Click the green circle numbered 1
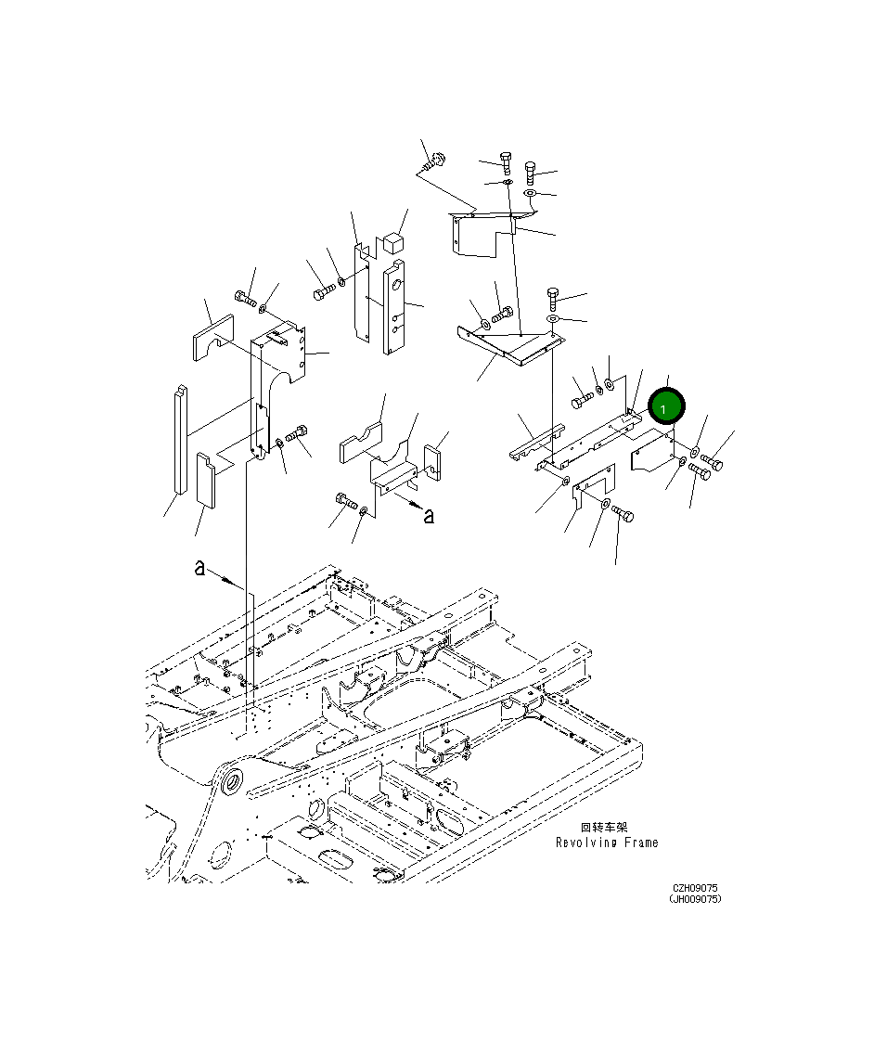[666, 406]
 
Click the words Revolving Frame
[607, 843]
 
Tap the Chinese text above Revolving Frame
[604, 827]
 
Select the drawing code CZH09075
[695, 888]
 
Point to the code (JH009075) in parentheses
[695, 899]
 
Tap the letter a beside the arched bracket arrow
[428, 516]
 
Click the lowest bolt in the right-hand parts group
[622, 513]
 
